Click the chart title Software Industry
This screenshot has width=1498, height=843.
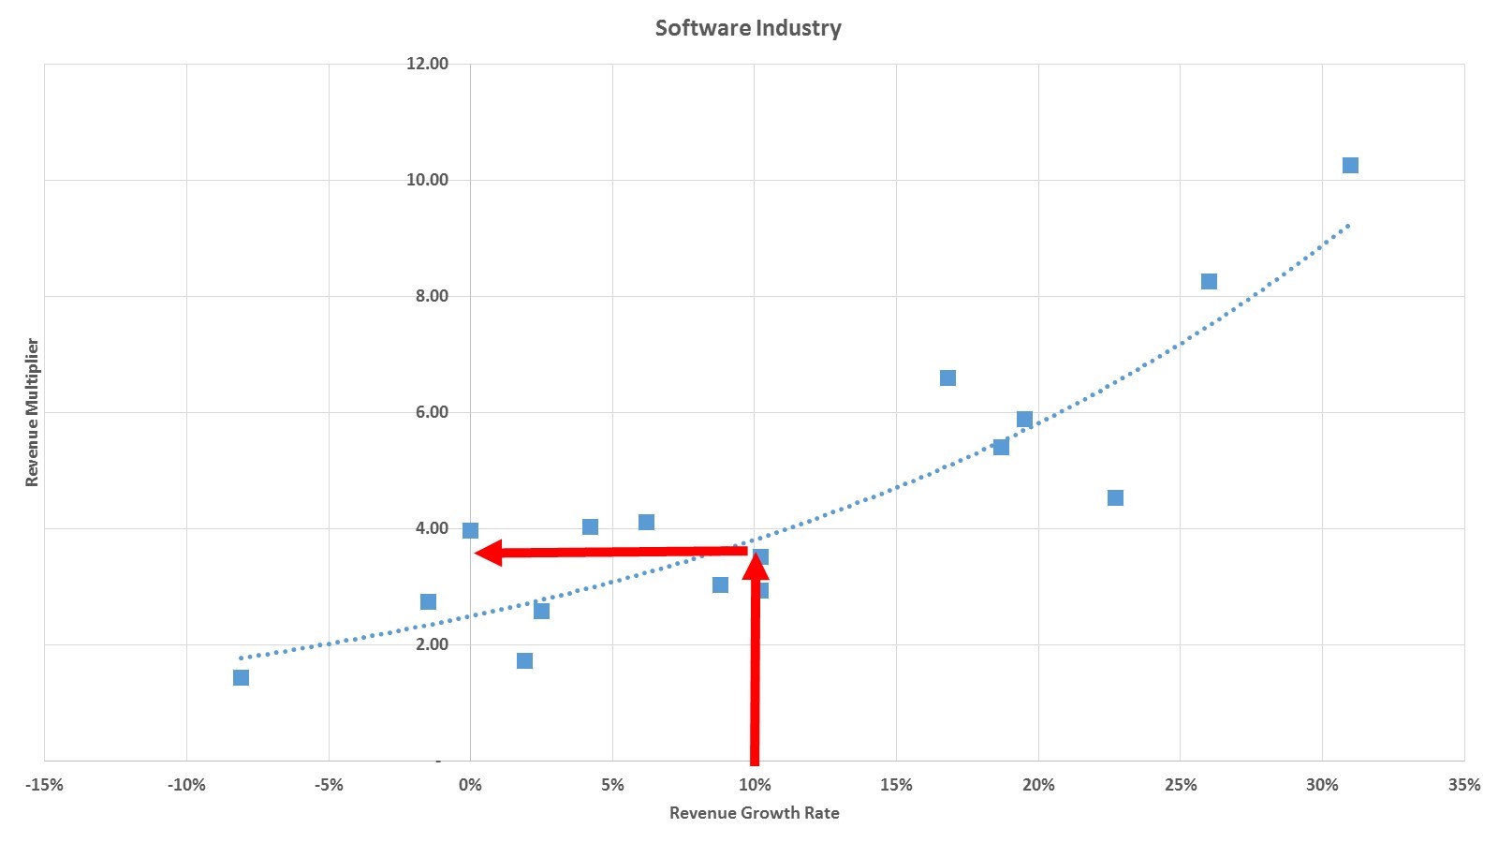coord(748,28)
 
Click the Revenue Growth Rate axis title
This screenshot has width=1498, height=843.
coord(754,813)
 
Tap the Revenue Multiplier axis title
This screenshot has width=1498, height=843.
coord(33,412)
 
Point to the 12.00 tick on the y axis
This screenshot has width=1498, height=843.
coord(427,64)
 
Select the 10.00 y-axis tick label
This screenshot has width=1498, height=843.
coord(427,180)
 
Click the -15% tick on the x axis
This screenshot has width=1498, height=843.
coord(44,785)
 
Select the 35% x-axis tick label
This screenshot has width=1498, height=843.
coord(1464,785)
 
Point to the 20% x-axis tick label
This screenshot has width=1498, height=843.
coord(1038,785)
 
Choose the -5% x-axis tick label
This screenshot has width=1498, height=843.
coord(329,785)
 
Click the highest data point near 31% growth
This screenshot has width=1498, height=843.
coord(1350,166)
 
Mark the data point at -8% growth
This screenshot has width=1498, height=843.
coord(241,677)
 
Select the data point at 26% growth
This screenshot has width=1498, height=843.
coord(1209,282)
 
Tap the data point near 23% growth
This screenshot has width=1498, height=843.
coord(1115,497)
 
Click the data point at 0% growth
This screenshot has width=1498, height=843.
coord(470,531)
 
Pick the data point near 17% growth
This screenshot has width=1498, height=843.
coord(947,378)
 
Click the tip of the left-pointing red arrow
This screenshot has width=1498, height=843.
coord(477,554)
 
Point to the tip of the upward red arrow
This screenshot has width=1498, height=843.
coord(756,553)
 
